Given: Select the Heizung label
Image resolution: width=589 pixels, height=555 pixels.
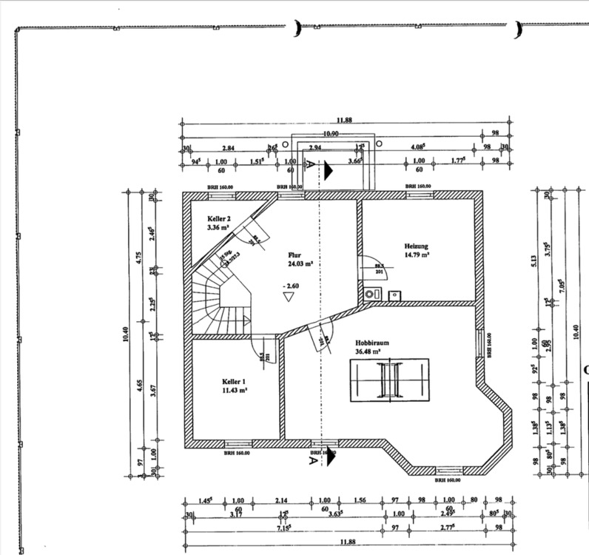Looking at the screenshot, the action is (417, 246).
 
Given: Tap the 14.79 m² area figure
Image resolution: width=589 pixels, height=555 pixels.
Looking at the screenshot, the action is (417, 255).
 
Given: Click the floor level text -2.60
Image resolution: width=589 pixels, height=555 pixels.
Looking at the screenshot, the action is (290, 284).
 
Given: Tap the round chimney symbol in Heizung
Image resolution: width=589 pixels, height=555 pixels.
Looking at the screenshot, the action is (368, 295).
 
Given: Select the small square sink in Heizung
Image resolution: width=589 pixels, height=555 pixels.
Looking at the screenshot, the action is (394, 295).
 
